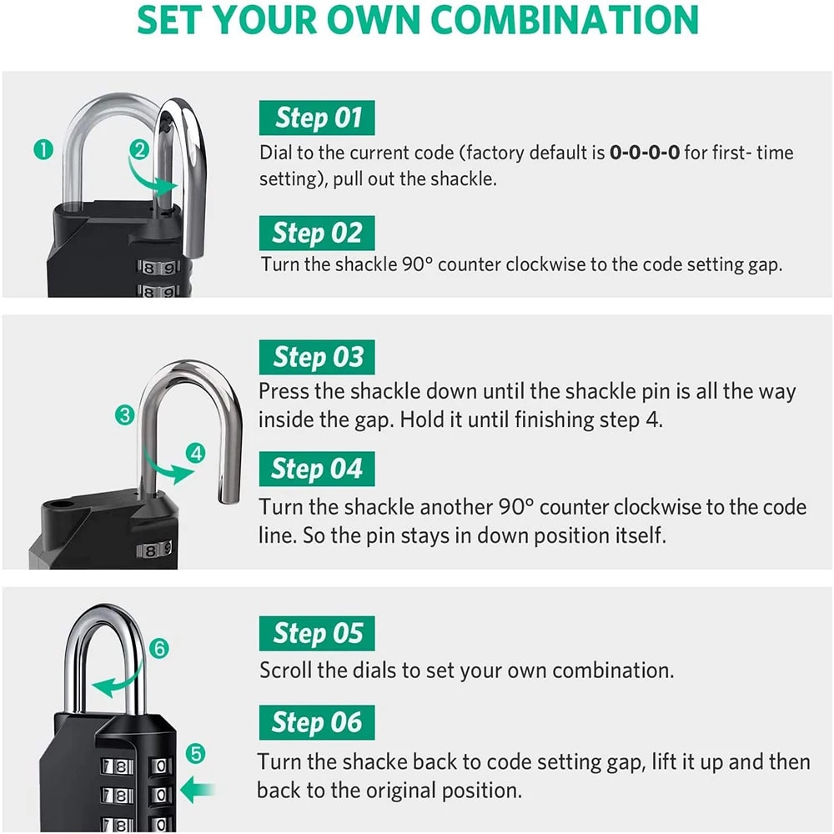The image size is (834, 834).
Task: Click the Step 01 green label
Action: pos(317,118)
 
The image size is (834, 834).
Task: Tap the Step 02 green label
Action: pos(317,233)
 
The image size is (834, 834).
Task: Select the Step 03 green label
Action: pos(317,358)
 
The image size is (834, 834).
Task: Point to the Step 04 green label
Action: pos(317,470)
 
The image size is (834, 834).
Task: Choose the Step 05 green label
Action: pos(317,635)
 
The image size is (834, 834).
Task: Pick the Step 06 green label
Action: pos(317,723)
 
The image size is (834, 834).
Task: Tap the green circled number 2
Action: pos(139,150)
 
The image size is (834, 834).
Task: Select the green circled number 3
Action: pos(125,414)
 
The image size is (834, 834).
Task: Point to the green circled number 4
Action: pos(196,454)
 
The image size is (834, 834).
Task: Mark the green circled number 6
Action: pos(160,648)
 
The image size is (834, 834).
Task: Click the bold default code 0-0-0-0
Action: pos(644,153)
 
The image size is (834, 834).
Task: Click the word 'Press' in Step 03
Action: pos(284,391)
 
